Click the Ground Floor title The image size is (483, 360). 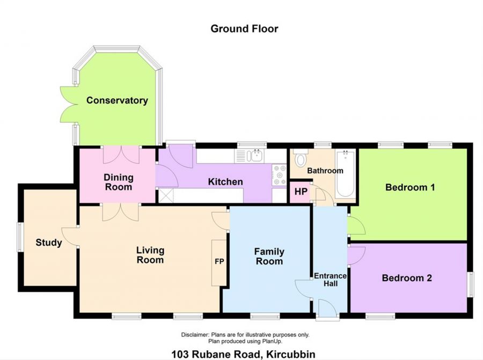click(244, 28)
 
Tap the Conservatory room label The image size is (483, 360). click(117, 100)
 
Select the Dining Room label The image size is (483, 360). click(119, 182)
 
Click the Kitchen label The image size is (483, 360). click(225, 182)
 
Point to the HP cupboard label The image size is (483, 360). click(301, 192)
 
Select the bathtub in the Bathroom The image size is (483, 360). click(345, 174)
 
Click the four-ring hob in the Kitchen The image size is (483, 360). click(280, 175)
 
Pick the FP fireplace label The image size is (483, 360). click(219, 261)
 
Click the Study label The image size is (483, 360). click(49, 243)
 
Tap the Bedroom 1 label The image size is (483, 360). click(410, 187)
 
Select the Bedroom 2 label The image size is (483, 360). click(407, 278)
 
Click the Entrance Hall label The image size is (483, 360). click(330, 280)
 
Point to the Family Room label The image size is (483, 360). click(269, 256)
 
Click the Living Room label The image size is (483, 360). click(150, 255)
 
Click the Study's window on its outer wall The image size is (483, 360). click(20, 237)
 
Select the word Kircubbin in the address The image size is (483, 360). click(291, 354)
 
